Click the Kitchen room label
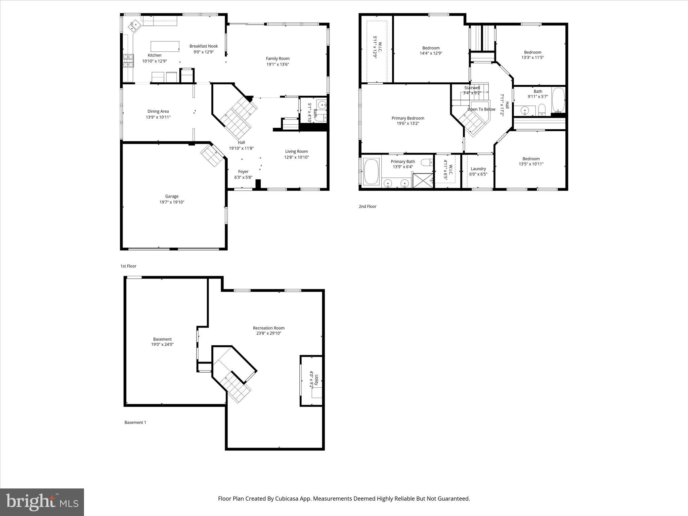point(155,55)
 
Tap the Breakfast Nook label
point(204,46)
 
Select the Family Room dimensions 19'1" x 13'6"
point(277,64)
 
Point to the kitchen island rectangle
point(165,46)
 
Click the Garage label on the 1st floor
point(172,197)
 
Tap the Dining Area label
point(158,112)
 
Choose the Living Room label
point(296,152)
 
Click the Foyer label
point(243,172)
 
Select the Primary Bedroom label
point(408,118)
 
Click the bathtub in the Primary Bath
point(371,171)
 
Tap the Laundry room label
point(478,169)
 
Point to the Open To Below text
point(481,109)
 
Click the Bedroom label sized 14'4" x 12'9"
point(431,48)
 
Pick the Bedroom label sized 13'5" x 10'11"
point(531,159)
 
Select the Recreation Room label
point(268,328)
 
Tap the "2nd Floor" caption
point(368,207)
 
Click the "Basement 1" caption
point(135,423)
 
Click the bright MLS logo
point(42,502)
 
